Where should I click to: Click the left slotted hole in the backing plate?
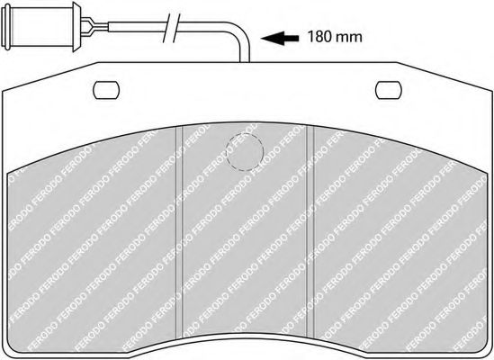(x=106, y=90)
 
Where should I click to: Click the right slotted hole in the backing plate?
(x=389, y=90)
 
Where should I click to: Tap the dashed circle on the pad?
(x=245, y=152)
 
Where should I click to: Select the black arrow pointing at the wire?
(x=280, y=38)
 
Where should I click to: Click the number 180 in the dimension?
(x=319, y=37)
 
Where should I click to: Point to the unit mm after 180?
(x=349, y=38)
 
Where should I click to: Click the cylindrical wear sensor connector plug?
(x=40, y=26)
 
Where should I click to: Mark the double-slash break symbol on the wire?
(x=172, y=28)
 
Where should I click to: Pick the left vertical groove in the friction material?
(x=179, y=231)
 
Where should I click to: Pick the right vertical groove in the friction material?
(x=310, y=231)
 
